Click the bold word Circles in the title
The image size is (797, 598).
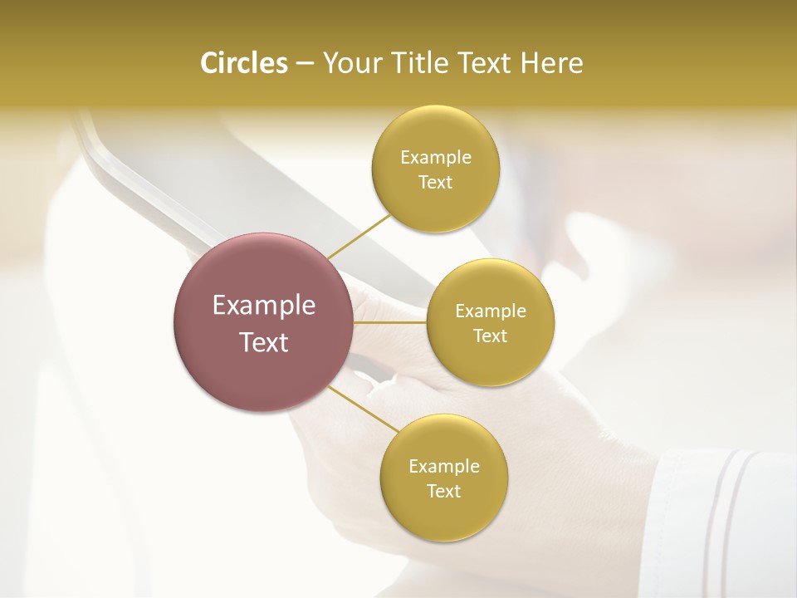(243, 63)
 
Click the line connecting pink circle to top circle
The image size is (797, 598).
(359, 236)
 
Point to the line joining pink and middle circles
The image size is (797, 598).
(390, 322)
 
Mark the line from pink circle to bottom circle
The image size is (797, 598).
(364, 409)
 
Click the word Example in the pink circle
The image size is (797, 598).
(264, 306)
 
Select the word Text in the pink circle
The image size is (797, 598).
(264, 342)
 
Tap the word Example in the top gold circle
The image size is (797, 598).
(435, 158)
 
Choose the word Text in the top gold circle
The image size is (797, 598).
(435, 183)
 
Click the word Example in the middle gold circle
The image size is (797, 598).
(491, 311)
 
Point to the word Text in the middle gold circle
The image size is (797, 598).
(491, 336)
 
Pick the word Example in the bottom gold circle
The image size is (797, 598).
(443, 467)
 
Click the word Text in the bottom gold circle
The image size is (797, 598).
(443, 492)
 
